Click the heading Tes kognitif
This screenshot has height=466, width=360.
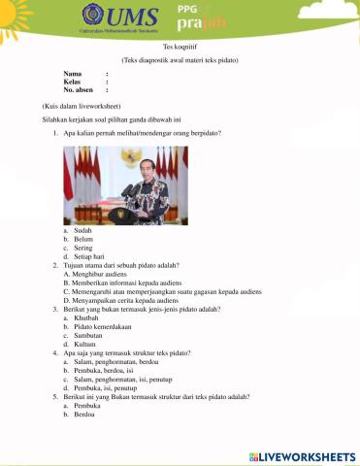coord(179,46)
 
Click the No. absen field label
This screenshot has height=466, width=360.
coord(79,89)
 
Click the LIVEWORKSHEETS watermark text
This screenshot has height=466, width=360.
coord(310,455)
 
